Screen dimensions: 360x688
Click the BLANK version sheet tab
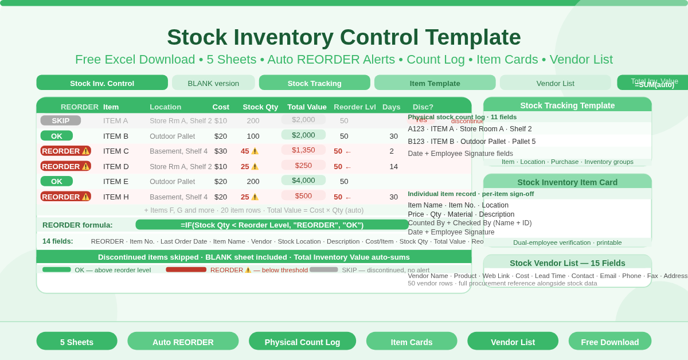click(x=213, y=83)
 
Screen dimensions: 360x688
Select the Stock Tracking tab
click(x=314, y=83)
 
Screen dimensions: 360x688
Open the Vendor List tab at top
click(x=555, y=83)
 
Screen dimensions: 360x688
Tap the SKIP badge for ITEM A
click(x=60, y=120)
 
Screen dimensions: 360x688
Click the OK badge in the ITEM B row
click(x=56, y=136)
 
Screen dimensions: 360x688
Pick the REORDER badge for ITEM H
click(x=65, y=197)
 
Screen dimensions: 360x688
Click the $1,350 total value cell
click(x=303, y=150)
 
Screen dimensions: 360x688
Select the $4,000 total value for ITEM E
click(x=303, y=181)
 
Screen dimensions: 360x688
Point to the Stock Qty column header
click(x=260, y=107)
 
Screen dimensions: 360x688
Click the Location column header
click(x=165, y=107)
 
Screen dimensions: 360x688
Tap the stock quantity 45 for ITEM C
click(x=245, y=151)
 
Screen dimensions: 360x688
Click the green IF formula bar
click(x=272, y=225)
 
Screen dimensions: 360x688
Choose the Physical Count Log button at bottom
click(x=302, y=342)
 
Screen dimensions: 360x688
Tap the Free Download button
click(x=609, y=342)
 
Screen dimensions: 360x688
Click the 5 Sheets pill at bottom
click(x=77, y=342)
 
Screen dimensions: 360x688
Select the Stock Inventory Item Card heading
click(x=567, y=182)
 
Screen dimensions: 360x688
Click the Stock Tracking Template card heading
click(x=567, y=105)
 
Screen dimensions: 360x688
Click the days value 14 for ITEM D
click(x=393, y=166)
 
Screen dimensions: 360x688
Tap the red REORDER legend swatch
click(x=186, y=269)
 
